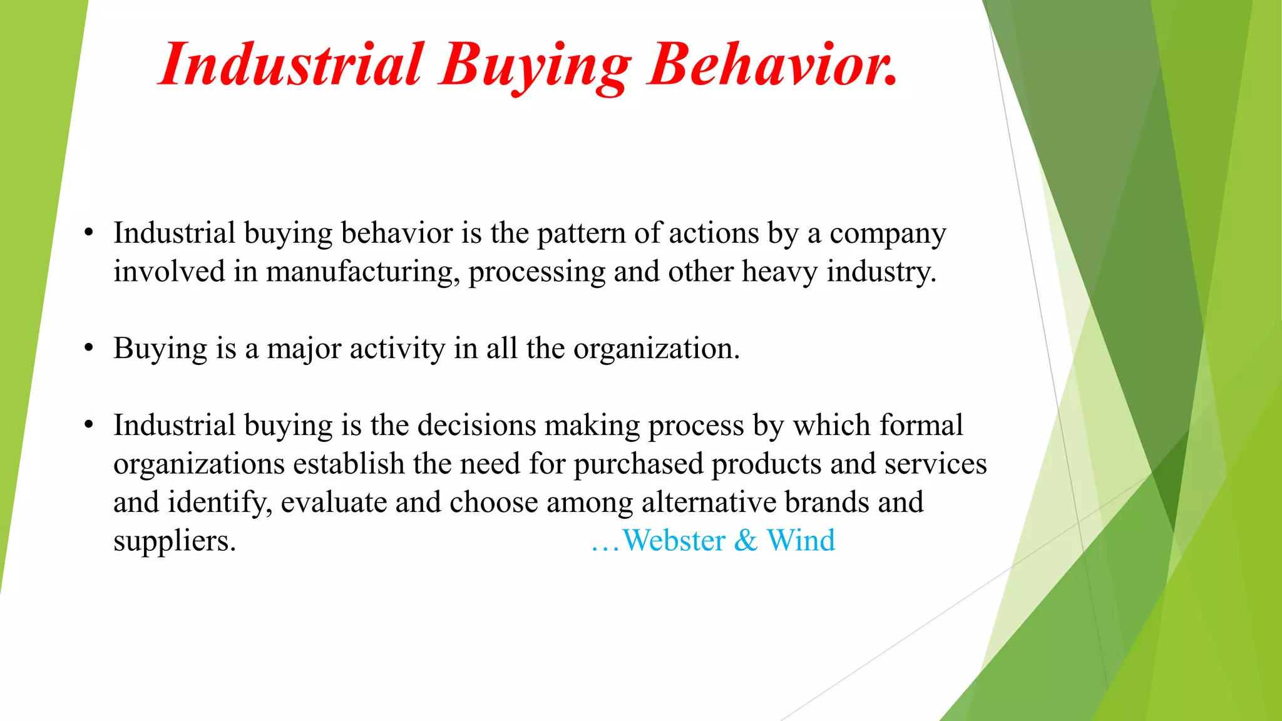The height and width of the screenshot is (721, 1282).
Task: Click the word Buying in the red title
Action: click(x=535, y=66)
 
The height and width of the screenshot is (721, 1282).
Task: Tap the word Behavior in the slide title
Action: click(x=773, y=66)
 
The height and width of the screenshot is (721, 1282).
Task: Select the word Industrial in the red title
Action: click(x=292, y=66)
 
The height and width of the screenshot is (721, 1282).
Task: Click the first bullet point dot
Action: click(x=89, y=233)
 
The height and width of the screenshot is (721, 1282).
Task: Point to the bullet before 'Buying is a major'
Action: click(x=89, y=349)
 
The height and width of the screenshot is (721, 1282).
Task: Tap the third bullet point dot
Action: click(x=89, y=426)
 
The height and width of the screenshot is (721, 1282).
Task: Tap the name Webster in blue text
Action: click(x=674, y=541)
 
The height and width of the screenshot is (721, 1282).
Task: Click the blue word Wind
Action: click(x=801, y=541)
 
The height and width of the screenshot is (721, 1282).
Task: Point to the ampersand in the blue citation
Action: click(x=746, y=541)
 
